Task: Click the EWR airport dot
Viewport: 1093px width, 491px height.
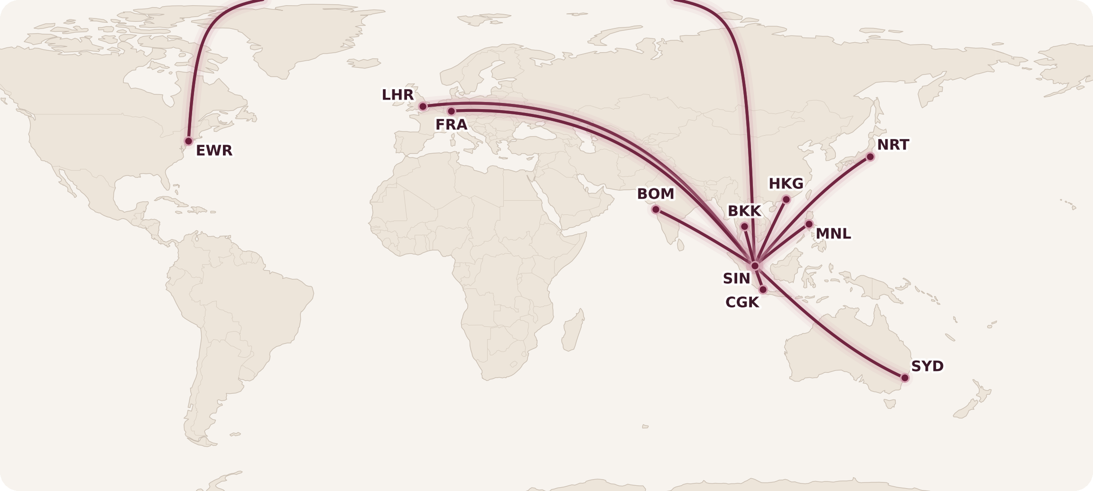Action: point(188,141)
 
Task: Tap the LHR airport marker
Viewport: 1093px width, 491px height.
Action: point(423,107)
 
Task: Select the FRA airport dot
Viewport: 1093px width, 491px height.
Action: point(451,111)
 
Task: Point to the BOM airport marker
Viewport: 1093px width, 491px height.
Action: point(656,210)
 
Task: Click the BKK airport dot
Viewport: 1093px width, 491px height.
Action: point(744,227)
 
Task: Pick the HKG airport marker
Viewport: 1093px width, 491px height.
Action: point(786,200)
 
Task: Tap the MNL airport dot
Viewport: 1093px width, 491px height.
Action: point(809,224)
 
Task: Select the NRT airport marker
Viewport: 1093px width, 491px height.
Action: point(870,157)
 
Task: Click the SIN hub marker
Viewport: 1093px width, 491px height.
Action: point(755,266)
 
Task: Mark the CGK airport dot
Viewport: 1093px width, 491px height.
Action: point(763,289)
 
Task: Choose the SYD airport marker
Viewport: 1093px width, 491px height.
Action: point(905,378)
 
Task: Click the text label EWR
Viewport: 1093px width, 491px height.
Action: point(214,151)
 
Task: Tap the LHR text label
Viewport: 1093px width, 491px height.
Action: point(398,95)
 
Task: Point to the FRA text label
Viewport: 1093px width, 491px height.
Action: point(451,125)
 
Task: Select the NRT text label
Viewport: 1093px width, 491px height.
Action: point(893,145)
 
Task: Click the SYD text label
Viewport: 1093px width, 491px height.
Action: point(927,367)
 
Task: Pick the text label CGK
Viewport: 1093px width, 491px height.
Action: point(742,303)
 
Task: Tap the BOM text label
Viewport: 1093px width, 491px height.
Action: point(655,195)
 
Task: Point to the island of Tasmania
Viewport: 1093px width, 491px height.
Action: point(890,404)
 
